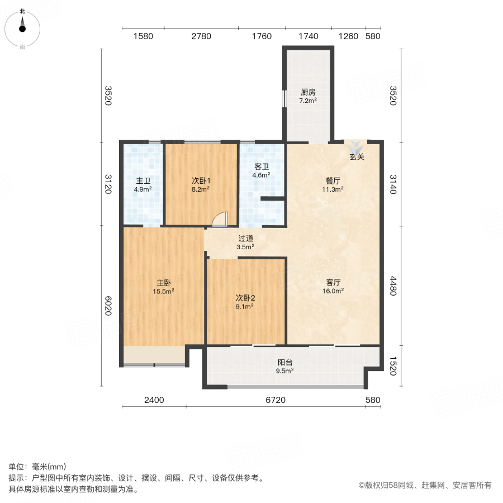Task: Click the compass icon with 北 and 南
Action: [x=22, y=29]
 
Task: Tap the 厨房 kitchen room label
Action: [x=308, y=92]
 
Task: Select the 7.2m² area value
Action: [x=308, y=101]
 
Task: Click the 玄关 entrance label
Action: [x=357, y=157]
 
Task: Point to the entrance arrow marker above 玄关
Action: [x=356, y=148]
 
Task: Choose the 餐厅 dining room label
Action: [x=334, y=181]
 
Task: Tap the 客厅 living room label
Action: [x=334, y=282]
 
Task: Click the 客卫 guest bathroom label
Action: [x=262, y=167]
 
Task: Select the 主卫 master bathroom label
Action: [x=143, y=181]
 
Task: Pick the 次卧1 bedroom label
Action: [x=201, y=181]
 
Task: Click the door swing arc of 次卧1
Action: [x=221, y=219]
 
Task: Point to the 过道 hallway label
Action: [x=245, y=238]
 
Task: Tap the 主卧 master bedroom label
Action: [x=164, y=282]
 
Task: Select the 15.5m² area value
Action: [x=164, y=291]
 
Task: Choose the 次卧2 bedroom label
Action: [x=245, y=297]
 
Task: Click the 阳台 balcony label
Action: [x=286, y=362]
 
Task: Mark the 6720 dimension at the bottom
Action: [x=275, y=400]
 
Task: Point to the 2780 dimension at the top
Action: [x=201, y=36]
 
